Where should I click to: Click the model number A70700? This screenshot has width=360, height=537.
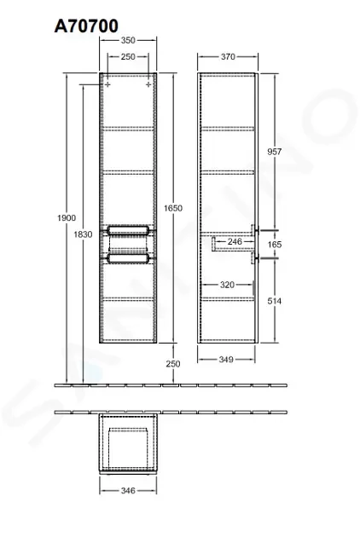tap(86, 26)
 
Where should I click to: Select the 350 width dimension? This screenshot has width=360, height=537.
tap(128, 40)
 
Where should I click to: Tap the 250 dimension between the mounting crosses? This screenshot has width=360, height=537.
tap(128, 56)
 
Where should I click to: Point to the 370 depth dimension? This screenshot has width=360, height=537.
tap(228, 56)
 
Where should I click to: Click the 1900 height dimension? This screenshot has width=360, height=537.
tap(67, 218)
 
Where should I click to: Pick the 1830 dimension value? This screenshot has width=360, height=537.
tap(83, 234)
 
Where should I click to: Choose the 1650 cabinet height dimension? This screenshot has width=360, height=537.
tap(173, 208)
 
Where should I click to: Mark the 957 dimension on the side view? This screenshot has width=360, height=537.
tap(275, 152)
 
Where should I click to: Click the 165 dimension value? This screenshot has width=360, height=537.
tap(275, 245)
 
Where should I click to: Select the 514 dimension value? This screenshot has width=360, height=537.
tap(275, 301)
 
